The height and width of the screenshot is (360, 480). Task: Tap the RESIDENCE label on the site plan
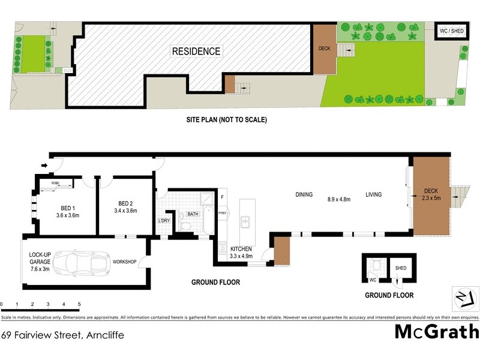(196, 52)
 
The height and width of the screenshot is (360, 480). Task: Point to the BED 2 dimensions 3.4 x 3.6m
(127, 211)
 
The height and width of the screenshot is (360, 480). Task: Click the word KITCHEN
(239, 249)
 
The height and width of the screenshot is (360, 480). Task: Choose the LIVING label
(374, 194)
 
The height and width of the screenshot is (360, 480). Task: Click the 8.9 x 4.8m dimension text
(339, 200)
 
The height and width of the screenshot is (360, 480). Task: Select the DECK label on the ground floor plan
(431, 191)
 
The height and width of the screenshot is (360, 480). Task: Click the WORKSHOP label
(125, 262)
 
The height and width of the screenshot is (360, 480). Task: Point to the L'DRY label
(164, 221)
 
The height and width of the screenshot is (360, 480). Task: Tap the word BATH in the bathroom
(193, 214)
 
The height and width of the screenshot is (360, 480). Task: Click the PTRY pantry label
(222, 213)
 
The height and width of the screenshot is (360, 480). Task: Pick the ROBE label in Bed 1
(55, 182)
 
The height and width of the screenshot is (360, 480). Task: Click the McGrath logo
(436, 331)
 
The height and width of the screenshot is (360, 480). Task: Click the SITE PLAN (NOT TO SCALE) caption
(226, 119)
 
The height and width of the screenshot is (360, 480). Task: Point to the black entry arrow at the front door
(45, 165)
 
